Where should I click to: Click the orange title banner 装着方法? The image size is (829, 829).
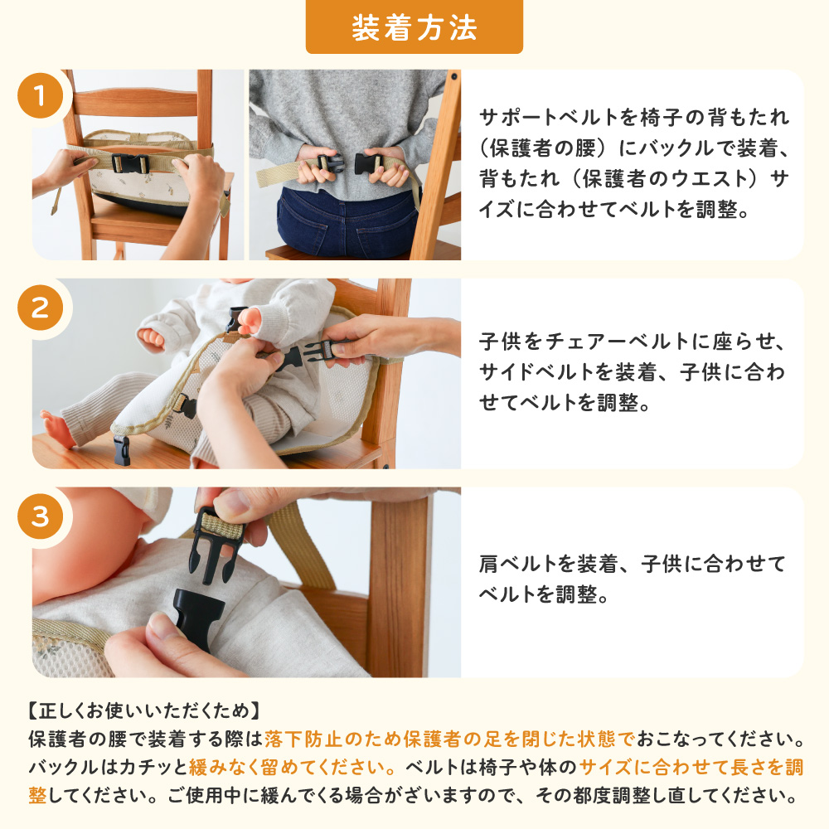pos(414,27)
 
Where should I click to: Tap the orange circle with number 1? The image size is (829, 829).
pos(40,95)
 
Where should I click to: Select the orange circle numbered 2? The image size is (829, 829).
pos(40,308)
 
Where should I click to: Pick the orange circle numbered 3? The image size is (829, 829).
pos(40,516)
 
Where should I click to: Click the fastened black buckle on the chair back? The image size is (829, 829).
pos(130,163)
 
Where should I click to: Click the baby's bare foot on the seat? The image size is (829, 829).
pos(57,429)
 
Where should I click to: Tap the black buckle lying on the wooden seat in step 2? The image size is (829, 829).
pos(122,450)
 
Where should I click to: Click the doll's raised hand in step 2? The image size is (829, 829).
pos(250,321)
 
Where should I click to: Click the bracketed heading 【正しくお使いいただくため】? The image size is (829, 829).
pos(143,710)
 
